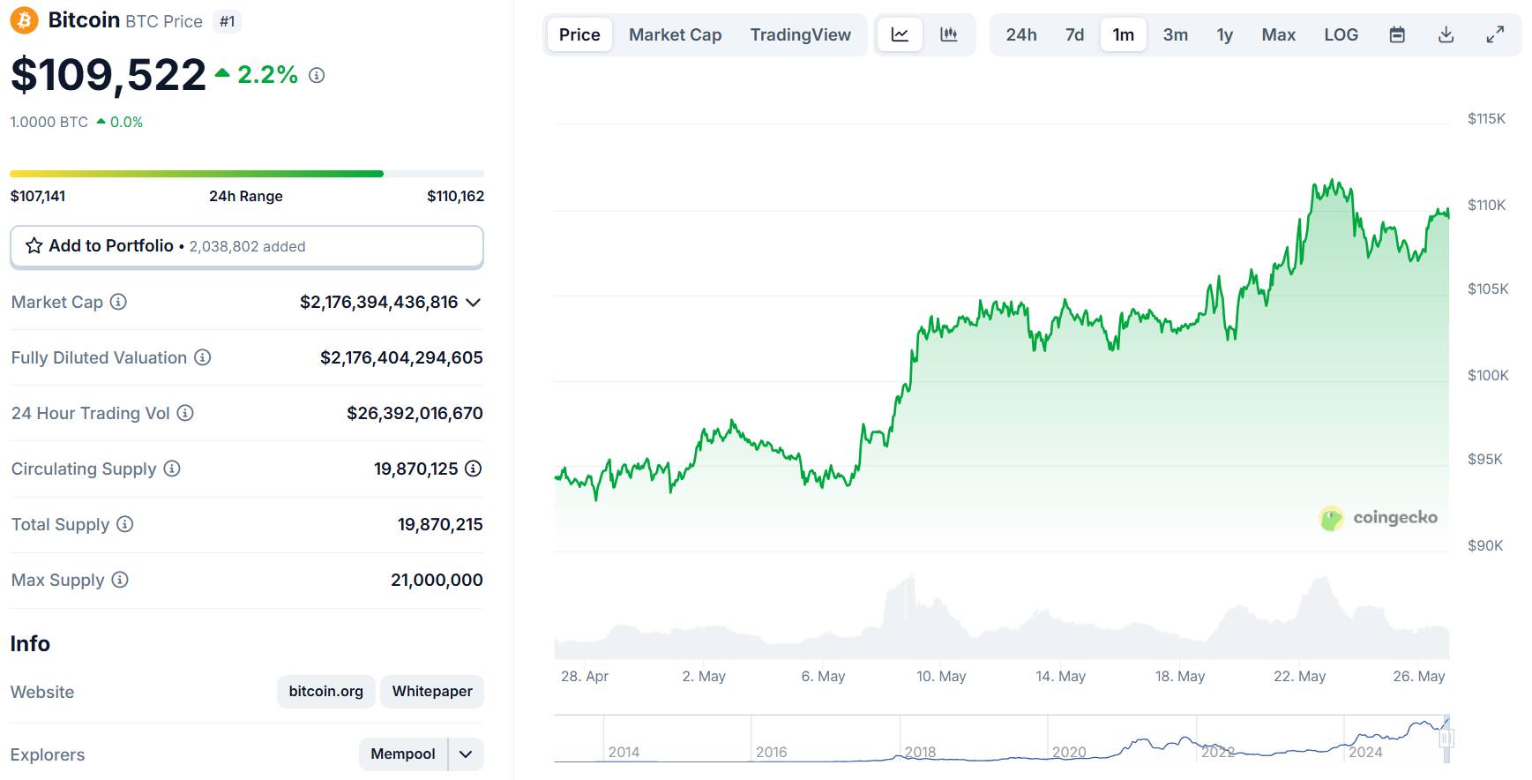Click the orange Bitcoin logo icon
(x=24, y=20)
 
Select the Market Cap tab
(x=675, y=34)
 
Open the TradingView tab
(x=800, y=34)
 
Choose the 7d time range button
(x=1074, y=34)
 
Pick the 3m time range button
(x=1175, y=34)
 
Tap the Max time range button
(x=1278, y=34)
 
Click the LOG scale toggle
(x=1341, y=34)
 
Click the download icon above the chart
(x=1446, y=34)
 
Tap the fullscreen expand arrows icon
(x=1495, y=34)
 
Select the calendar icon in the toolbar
(x=1397, y=34)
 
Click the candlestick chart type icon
(x=949, y=34)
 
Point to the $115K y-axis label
(x=1486, y=118)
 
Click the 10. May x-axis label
(x=941, y=676)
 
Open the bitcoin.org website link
(x=325, y=691)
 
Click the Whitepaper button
(x=432, y=691)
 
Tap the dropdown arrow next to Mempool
(x=466, y=754)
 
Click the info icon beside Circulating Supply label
(x=172, y=469)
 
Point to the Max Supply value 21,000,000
(x=437, y=580)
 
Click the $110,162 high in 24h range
(x=455, y=196)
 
